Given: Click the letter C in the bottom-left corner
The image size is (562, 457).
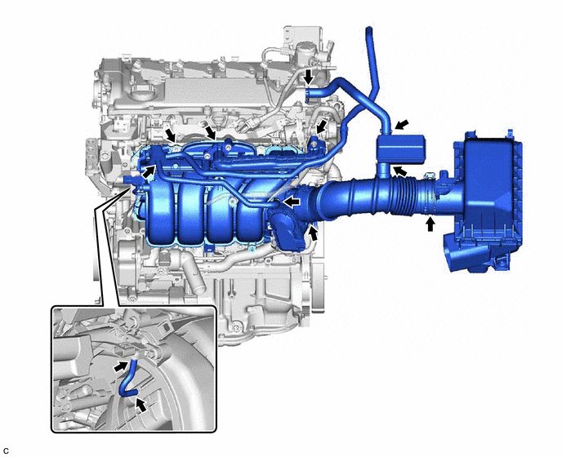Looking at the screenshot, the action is tap(6, 451).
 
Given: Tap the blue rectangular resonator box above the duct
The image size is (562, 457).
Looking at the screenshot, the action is tap(400, 149).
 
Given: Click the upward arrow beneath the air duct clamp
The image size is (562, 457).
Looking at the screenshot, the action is tap(430, 224).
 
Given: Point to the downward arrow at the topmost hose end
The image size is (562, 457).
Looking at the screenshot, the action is tap(308, 77).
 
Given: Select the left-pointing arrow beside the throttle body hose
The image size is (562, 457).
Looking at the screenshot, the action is tap(292, 202).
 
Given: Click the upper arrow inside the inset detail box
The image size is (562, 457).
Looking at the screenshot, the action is tap(121, 366).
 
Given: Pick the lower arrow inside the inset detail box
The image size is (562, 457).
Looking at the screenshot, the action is tap(141, 405).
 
